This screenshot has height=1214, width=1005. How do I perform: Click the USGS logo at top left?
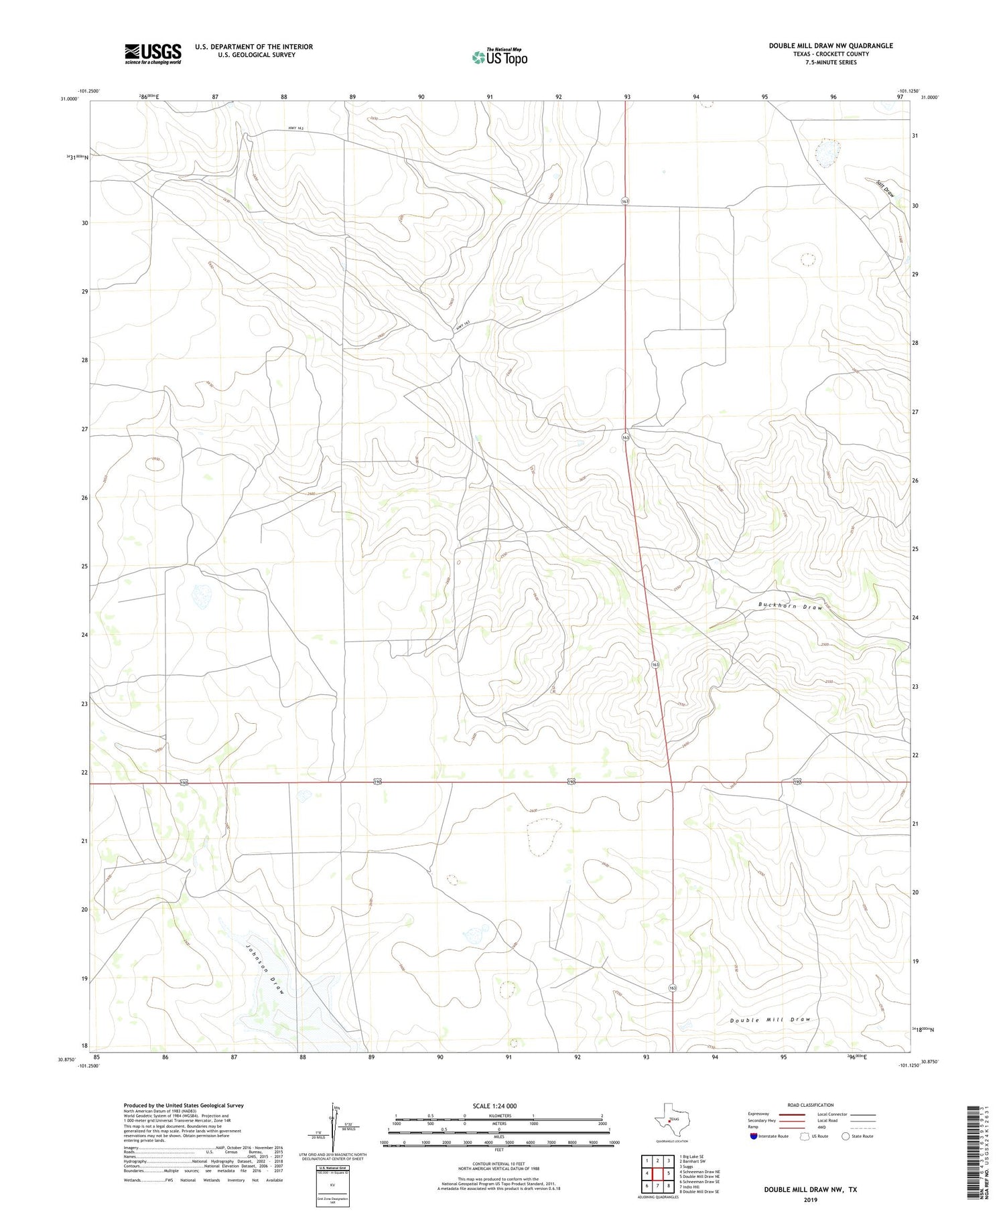point(153,54)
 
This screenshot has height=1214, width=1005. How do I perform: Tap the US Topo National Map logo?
point(499,57)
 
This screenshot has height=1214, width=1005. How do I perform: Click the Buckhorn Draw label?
point(790,606)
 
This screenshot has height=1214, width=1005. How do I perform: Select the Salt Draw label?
point(885,187)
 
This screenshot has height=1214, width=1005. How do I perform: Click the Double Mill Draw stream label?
point(770,1020)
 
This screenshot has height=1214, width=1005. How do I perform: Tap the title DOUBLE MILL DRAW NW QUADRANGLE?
point(830,46)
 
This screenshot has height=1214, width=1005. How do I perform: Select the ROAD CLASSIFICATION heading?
point(810,1105)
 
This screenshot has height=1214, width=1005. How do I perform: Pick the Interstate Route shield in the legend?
point(754,1136)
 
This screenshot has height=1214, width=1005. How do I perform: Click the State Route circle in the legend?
point(846,1136)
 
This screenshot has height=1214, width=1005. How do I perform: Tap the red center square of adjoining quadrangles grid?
point(658,1173)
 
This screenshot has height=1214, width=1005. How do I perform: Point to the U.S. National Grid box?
point(332,1186)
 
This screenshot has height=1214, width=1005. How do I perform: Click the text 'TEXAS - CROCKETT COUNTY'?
point(830,54)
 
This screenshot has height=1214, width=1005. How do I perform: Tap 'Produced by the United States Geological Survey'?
point(183,1106)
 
